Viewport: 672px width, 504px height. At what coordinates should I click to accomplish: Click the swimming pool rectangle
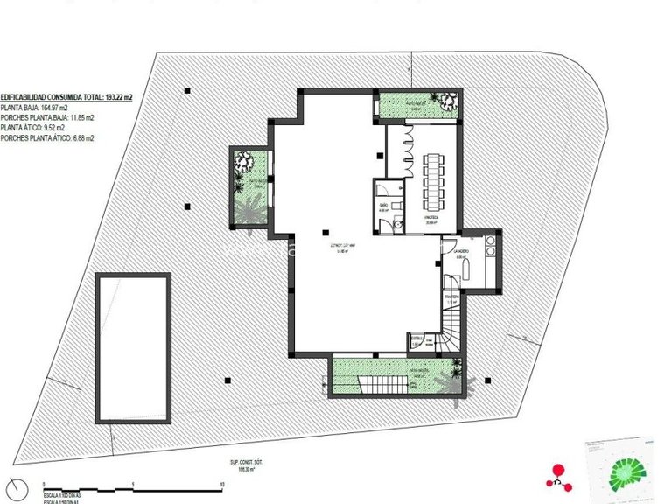pos(134,348)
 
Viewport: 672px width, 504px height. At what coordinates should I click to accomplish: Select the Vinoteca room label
pos(430,220)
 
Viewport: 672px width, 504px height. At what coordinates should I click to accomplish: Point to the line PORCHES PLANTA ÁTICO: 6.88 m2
pos(48,137)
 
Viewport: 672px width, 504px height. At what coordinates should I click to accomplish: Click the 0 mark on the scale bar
pos(43,484)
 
